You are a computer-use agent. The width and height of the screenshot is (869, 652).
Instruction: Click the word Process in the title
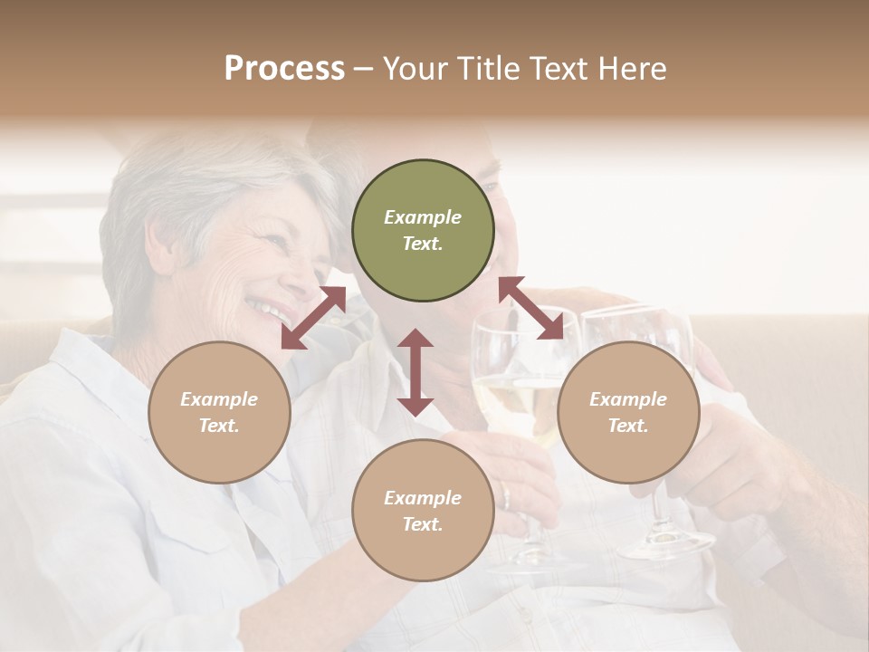click(284, 69)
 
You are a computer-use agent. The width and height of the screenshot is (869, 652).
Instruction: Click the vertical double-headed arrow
click(415, 372)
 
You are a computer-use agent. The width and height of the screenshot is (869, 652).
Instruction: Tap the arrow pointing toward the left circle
click(313, 318)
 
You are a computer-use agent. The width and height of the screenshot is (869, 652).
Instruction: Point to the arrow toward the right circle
click(531, 308)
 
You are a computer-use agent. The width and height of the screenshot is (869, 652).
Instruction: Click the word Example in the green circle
click(423, 217)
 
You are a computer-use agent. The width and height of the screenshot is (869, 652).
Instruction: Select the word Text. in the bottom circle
click(423, 524)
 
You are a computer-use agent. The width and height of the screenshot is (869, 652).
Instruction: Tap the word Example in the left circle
click(219, 399)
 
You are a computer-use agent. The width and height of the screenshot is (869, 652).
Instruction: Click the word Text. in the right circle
click(628, 426)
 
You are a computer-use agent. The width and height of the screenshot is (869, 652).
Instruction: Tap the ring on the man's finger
click(506, 497)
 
